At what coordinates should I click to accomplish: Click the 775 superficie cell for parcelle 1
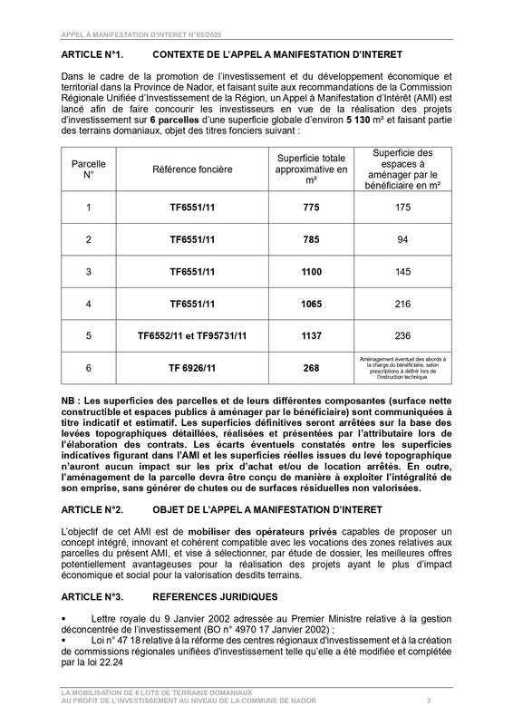pyautogui.click(x=311, y=208)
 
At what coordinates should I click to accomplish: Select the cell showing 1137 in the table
pyautogui.click(x=311, y=334)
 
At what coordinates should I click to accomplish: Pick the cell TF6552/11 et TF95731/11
pyautogui.click(x=191, y=334)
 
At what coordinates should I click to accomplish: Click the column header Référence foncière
pyautogui.click(x=191, y=169)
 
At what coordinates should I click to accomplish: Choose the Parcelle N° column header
pyautogui.click(x=88, y=169)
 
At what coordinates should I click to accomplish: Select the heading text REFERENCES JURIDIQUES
pyautogui.click(x=216, y=597)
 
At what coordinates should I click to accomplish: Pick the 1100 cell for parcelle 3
pyautogui.click(x=311, y=271)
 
